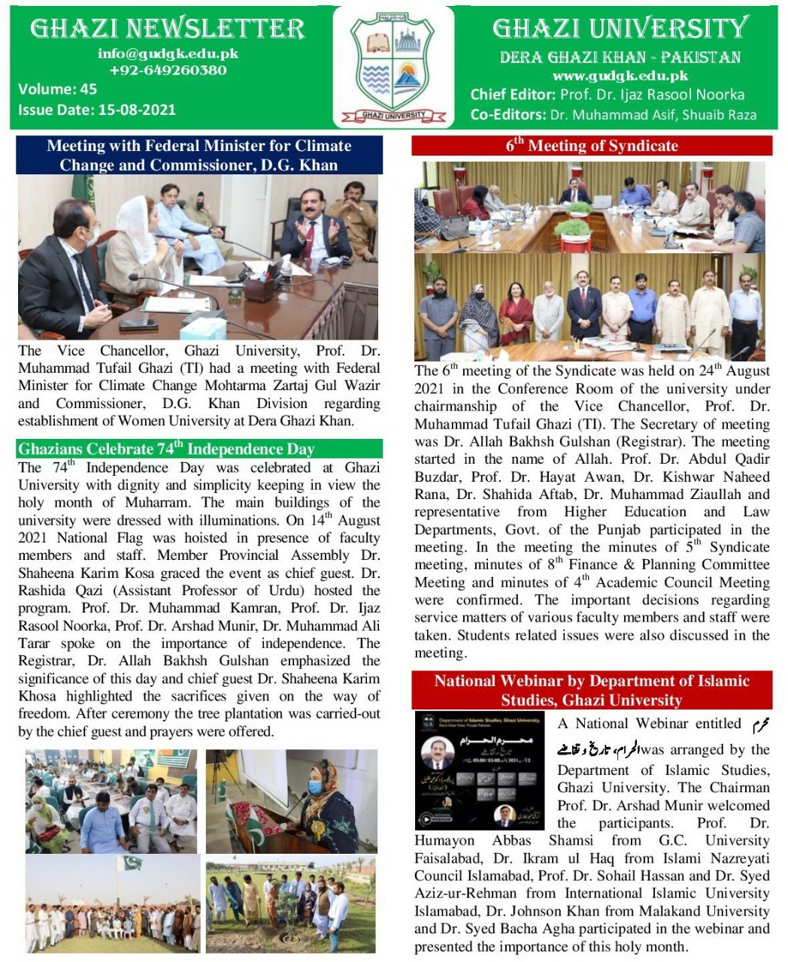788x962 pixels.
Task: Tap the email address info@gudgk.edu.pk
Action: [x=168, y=54]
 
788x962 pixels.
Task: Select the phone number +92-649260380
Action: [x=168, y=71]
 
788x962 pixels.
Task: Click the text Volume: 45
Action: [x=58, y=89]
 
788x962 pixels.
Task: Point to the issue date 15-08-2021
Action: [x=137, y=110]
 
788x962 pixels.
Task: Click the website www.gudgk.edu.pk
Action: [x=620, y=76]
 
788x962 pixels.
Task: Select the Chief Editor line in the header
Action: [x=608, y=95]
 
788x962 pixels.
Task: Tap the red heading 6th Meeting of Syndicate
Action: [x=592, y=146]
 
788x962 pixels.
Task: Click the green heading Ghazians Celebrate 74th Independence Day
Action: [x=166, y=449]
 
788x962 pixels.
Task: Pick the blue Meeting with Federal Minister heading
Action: [x=199, y=156]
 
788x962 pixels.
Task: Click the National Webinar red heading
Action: [x=592, y=691]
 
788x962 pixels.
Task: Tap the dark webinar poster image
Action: [x=480, y=770]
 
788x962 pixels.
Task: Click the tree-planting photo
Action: [x=290, y=905]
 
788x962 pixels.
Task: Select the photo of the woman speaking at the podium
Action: [x=292, y=800]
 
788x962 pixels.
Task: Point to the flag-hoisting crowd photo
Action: [x=113, y=905]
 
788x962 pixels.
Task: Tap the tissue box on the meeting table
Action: [x=202, y=328]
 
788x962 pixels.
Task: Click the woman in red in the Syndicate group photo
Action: [x=516, y=310]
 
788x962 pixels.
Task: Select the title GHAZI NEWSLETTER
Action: [x=168, y=29]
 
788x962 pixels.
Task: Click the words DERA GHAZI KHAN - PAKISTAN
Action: [x=620, y=57]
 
